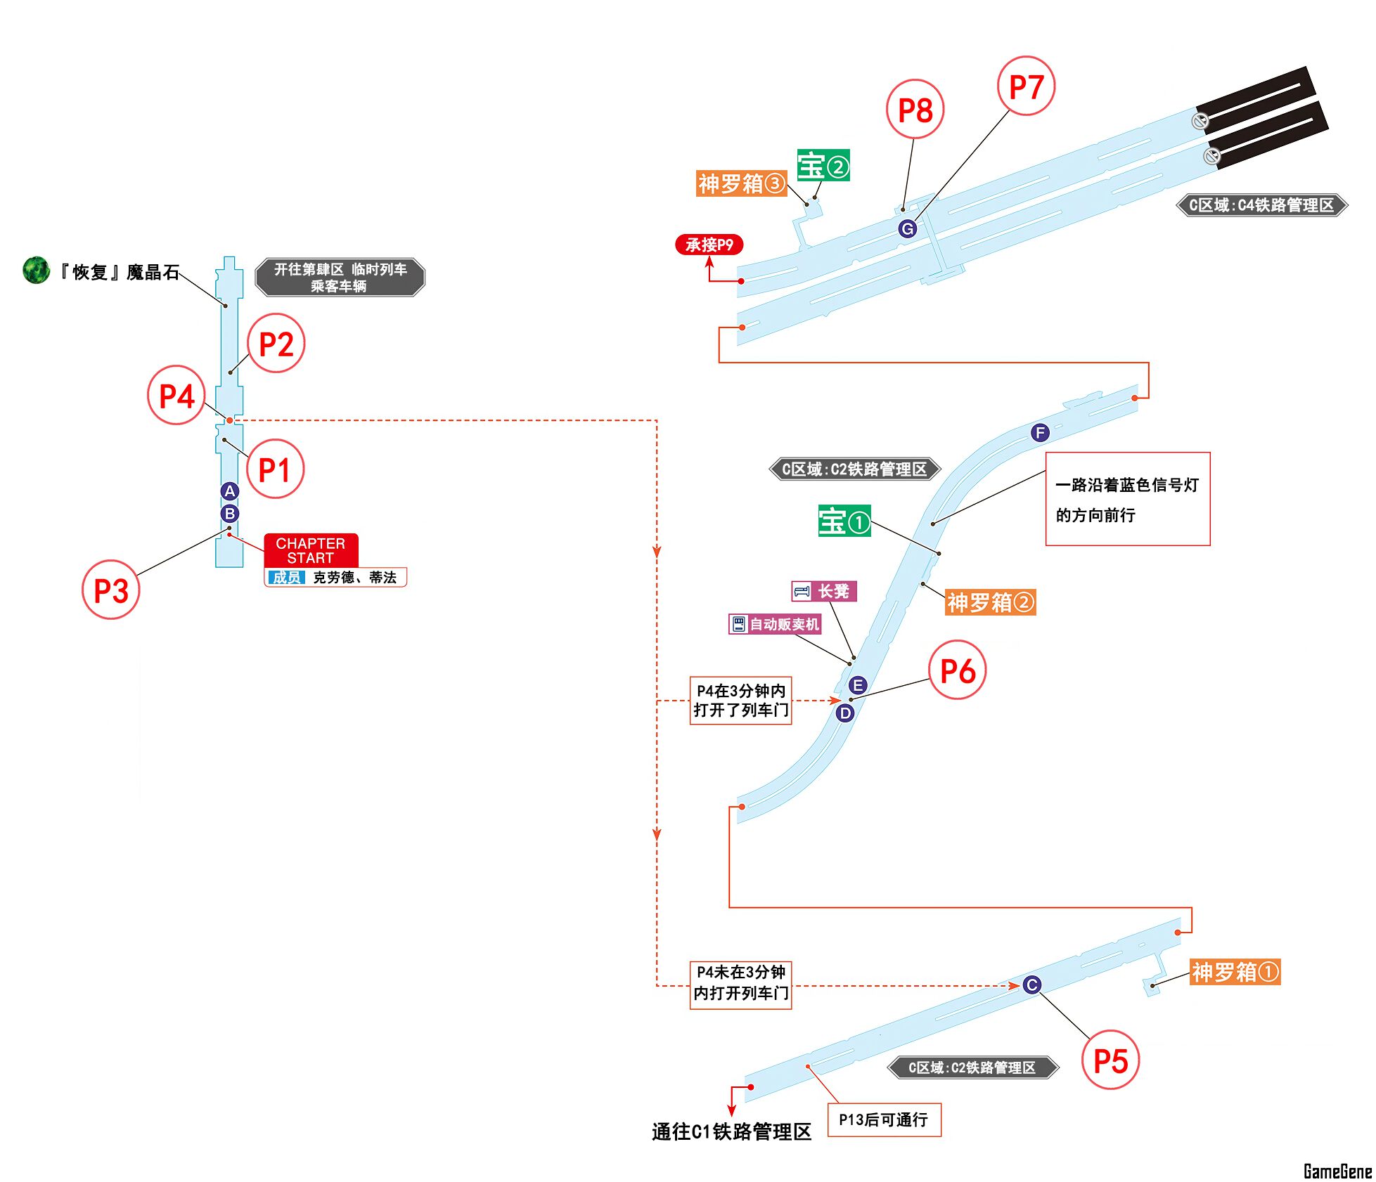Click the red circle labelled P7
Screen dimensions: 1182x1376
(1026, 86)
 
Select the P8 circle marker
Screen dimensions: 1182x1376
(915, 109)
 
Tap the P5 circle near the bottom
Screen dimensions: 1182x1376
(1110, 1060)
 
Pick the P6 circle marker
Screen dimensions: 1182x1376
(957, 670)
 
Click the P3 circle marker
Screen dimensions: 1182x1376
(111, 590)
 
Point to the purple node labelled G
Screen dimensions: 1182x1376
(907, 228)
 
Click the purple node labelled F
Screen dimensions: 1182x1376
(1040, 433)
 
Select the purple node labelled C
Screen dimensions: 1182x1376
(1031, 985)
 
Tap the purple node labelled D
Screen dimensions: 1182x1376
(844, 713)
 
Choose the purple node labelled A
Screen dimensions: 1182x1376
(229, 491)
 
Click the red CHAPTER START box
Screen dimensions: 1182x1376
(311, 550)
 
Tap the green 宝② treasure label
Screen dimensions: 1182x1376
(823, 166)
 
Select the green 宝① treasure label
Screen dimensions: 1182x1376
(844, 521)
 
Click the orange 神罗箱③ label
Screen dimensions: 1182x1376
(741, 183)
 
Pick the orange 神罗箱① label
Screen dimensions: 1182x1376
(1234, 972)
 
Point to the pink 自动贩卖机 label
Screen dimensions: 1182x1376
(775, 624)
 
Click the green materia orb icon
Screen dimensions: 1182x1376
(36, 270)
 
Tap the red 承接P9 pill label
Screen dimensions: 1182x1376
(709, 245)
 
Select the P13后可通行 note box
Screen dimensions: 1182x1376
(883, 1119)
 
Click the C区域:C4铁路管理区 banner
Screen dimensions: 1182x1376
(1261, 205)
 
